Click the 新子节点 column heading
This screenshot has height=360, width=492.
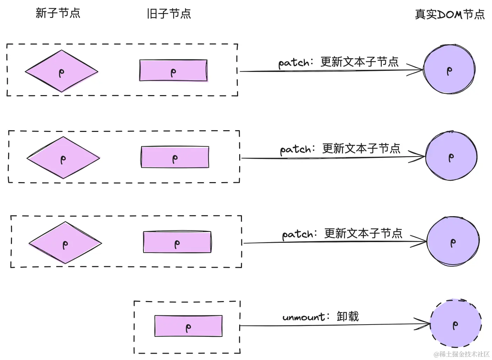[58, 13]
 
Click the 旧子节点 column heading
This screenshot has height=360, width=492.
[169, 14]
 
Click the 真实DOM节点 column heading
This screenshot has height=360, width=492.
[450, 14]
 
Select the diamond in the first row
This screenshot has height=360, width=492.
[61, 72]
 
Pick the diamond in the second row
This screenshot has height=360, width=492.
[63, 158]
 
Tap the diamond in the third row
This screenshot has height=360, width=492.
[65, 243]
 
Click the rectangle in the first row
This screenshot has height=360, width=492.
[173, 71]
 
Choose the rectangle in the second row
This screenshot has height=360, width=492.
[175, 157]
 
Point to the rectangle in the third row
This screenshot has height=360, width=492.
[177, 242]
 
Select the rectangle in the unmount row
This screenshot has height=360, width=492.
[188, 326]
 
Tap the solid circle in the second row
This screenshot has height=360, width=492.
[451, 156]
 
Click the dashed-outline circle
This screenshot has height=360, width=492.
[455, 324]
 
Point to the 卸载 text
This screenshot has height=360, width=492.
[348, 316]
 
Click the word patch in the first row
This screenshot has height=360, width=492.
[294, 63]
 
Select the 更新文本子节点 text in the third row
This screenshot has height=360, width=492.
[363, 233]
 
